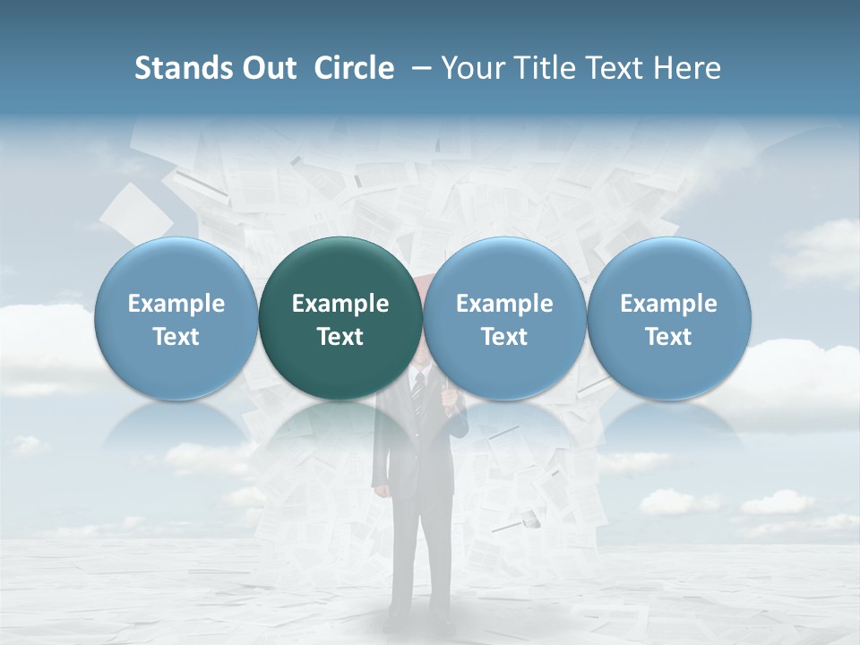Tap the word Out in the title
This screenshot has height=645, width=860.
pyautogui.click(x=269, y=68)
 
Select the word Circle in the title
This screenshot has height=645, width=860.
pyautogui.click(x=354, y=68)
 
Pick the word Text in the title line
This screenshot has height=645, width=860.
pyautogui.click(x=610, y=68)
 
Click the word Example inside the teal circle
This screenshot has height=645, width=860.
pyautogui.click(x=340, y=304)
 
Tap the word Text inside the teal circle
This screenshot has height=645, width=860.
pyautogui.click(x=340, y=337)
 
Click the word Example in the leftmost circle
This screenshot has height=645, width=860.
pyautogui.click(x=176, y=304)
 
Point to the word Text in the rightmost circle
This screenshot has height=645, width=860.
pyautogui.click(x=668, y=337)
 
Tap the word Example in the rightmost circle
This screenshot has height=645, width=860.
pyautogui.click(x=668, y=304)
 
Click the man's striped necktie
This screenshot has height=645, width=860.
pyautogui.click(x=417, y=394)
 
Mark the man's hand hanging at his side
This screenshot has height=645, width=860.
pyautogui.click(x=381, y=490)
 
